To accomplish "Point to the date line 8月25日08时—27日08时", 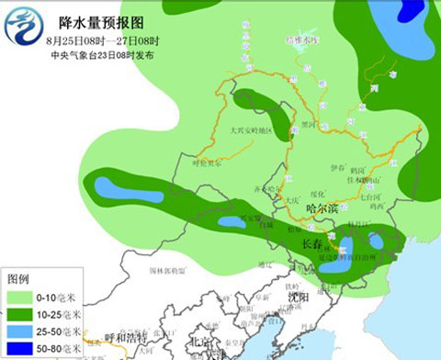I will point(102,41).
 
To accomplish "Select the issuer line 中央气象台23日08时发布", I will point(102,55).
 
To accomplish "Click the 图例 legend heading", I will point(19,277).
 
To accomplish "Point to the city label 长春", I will point(312,244).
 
